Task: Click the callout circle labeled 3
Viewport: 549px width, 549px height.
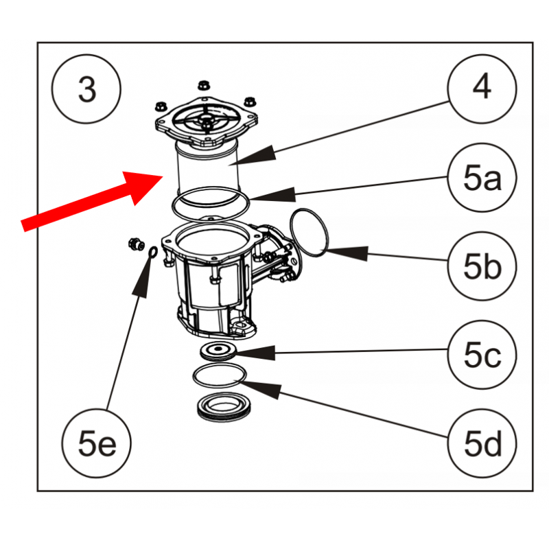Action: click(x=86, y=90)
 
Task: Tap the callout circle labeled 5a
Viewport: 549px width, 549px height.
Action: click(x=482, y=180)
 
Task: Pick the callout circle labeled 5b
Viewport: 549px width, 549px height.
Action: click(x=482, y=268)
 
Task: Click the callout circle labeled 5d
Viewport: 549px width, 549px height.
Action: click(x=482, y=445)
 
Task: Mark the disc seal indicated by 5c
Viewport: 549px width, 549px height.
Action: click(x=218, y=351)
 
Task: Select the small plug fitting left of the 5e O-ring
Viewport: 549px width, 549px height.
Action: click(x=135, y=242)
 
